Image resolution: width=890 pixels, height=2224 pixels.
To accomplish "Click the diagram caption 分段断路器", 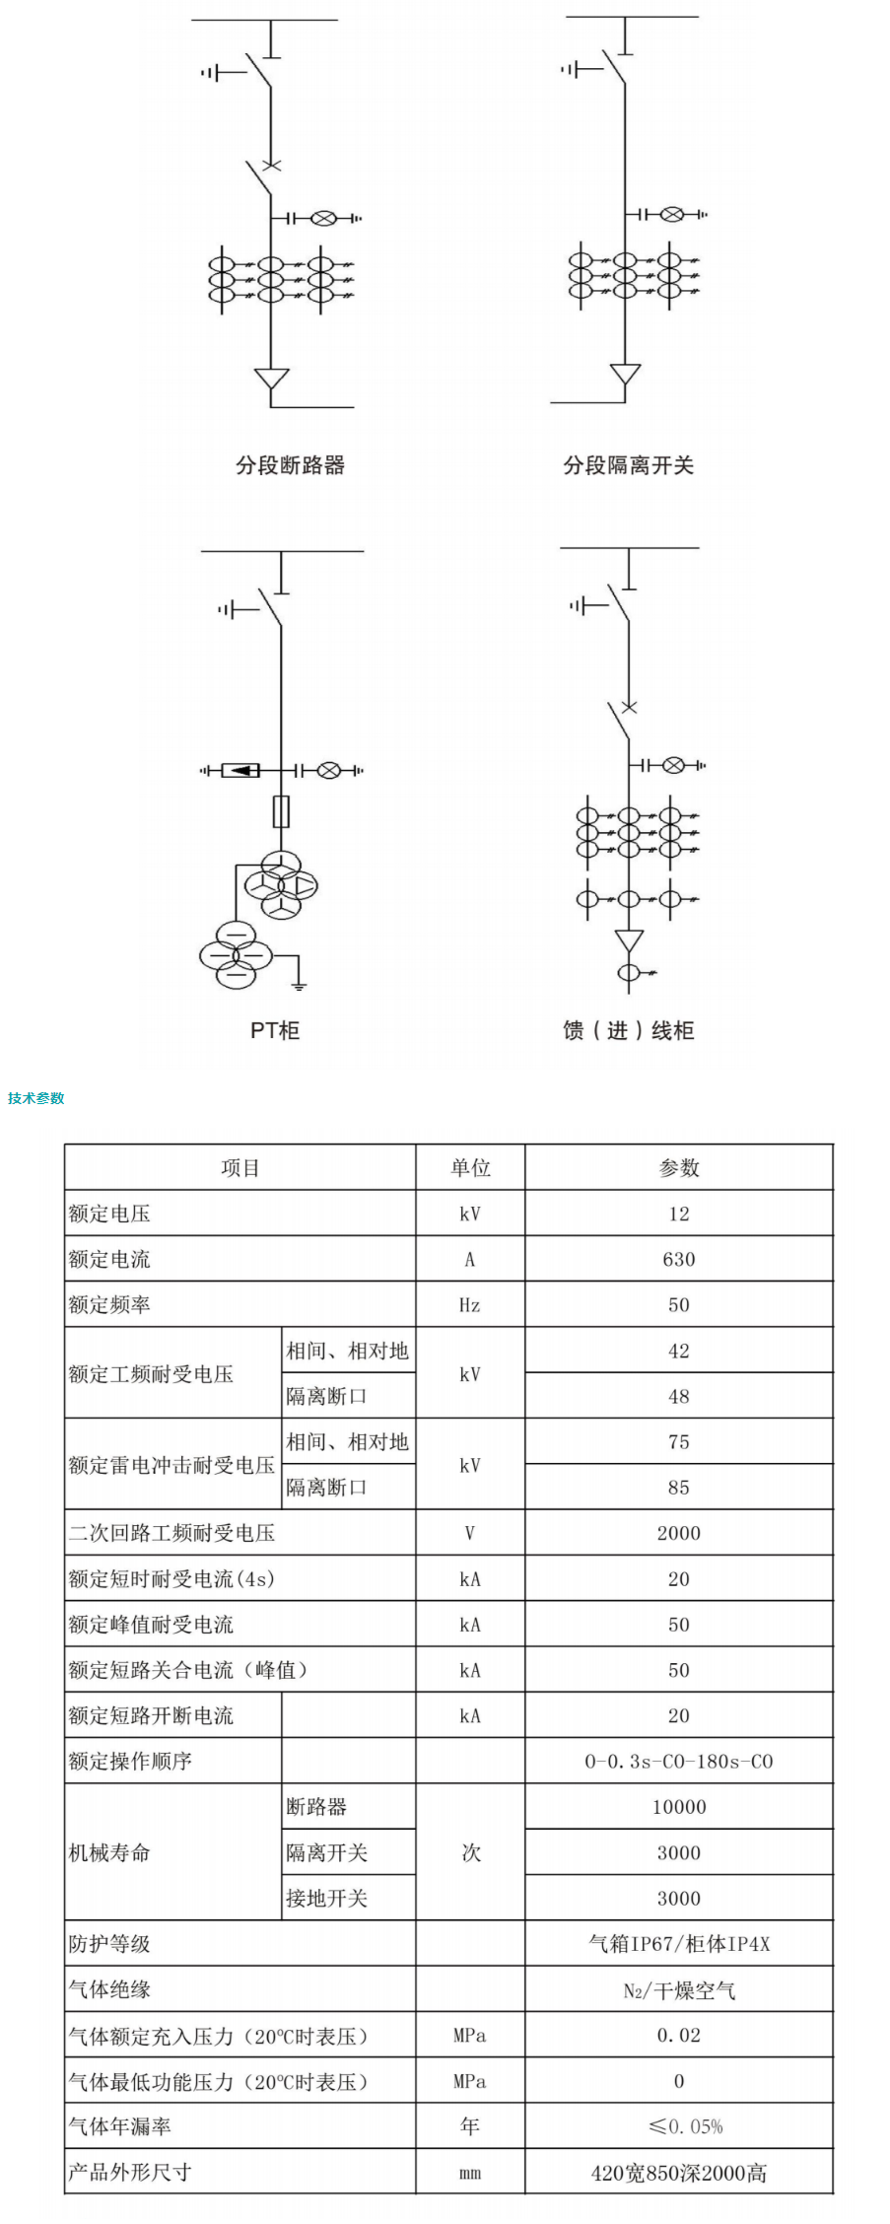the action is [290, 465].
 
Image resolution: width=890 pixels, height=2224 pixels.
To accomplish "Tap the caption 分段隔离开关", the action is [628, 465].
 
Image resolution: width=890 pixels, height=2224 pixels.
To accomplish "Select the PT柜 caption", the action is [275, 1030].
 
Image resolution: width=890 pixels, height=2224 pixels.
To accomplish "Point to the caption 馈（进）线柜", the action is [629, 1030].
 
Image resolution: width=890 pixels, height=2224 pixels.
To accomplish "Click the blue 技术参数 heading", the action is [36, 1098].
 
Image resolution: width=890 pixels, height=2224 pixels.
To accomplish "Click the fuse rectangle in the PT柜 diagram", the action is [282, 811].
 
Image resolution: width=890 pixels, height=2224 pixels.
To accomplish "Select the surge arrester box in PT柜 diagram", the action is [240, 770].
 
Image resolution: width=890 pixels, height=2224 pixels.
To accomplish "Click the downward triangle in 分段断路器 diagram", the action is [271, 380].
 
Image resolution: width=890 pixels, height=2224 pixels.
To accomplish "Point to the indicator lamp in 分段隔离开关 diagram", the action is [671, 214].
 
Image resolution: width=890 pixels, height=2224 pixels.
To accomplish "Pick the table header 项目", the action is [240, 1168].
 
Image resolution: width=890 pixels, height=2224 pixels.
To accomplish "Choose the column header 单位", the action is [470, 1168].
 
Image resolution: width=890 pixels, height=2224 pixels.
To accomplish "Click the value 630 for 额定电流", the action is [679, 1259].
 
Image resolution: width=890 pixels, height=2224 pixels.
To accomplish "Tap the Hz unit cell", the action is [470, 1305].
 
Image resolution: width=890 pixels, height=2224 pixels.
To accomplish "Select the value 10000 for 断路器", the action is [679, 1807].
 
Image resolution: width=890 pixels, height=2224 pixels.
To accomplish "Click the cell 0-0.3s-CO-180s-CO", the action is [679, 1762].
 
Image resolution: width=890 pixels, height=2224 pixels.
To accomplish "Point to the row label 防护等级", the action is [109, 1944].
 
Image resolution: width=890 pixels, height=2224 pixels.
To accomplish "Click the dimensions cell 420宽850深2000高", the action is [679, 2173].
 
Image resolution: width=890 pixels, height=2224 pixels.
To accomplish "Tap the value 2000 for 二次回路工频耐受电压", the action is [679, 1533].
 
